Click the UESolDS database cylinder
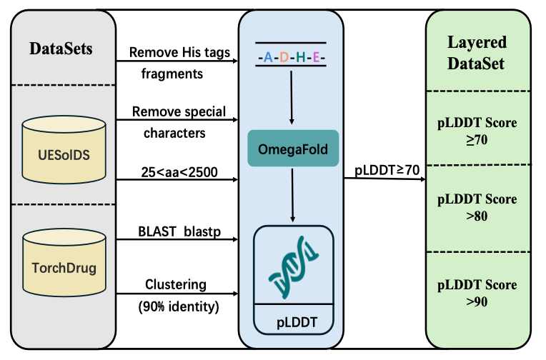pos(64,150)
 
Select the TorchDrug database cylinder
pos(64,263)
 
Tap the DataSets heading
pos(61,49)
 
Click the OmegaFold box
pos(293,149)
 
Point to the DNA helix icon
pos(294,267)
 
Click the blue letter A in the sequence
pos(268,57)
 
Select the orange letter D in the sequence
pos(284,57)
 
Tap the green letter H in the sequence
pos(300,57)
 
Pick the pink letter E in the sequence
pos(316,57)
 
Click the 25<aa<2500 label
pos(179,172)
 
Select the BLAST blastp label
pos(179,231)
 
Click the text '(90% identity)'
pos(179,306)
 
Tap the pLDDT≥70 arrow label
pos(387,170)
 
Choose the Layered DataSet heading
pos(477,53)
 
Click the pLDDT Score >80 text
pos(477,208)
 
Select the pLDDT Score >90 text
pos(477,293)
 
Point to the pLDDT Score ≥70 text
pos(477,131)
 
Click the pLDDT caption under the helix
pos(297,322)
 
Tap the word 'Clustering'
pos(176,285)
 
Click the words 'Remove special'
pos(179,111)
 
